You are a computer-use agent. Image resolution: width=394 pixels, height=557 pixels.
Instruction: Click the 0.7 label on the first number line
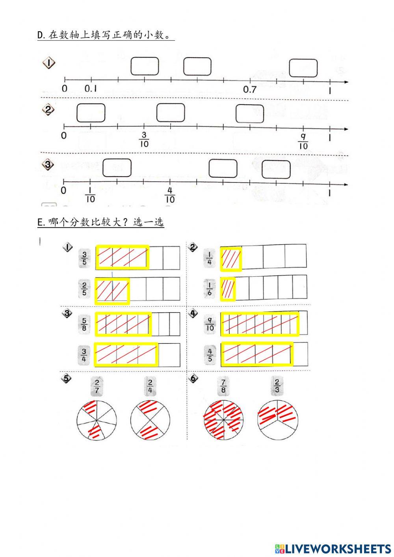pos(250,89)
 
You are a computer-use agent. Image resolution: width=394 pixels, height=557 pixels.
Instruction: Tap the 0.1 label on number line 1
pos(91,89)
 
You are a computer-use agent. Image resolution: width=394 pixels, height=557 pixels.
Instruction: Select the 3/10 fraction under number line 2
pos(144,140)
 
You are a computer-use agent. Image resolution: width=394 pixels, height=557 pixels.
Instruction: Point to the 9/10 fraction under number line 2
pos(303,141)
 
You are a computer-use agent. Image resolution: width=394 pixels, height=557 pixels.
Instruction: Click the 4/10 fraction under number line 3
pos(170,195)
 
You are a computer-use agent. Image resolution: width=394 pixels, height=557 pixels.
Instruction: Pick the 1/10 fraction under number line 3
pos(90,195)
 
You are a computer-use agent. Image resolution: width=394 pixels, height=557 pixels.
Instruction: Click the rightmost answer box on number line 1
pos(303,68)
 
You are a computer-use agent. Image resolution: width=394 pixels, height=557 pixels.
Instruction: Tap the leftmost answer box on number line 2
pos(91,113)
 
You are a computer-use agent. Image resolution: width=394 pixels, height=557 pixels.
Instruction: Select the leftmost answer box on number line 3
pos(117,168)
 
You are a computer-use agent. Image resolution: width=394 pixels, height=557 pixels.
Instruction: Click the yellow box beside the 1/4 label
pos(231,259)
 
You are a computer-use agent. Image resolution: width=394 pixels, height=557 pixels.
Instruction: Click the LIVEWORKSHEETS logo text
pos(333,548)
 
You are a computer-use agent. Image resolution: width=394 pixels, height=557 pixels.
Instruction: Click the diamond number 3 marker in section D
pos(48,165)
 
